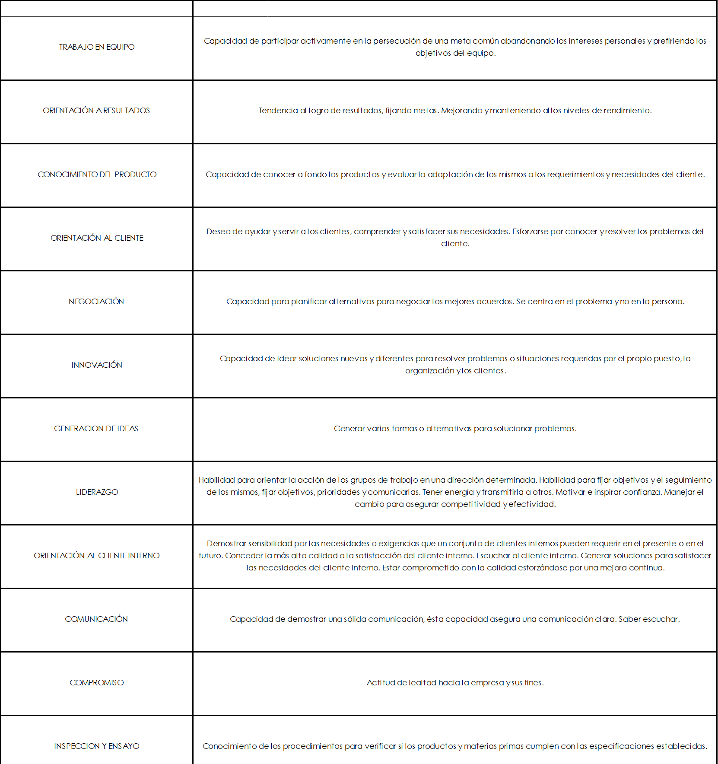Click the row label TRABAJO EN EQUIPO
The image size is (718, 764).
[x=97, y=47]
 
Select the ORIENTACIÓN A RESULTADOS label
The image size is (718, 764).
[x=96, y=111]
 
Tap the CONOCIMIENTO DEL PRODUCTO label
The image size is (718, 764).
[x=97, y=175]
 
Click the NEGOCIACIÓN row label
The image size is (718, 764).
[x=96, y=302]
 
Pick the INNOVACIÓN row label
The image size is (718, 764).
[x=97, y=365]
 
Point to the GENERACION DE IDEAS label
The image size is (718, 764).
[x=96, y=429]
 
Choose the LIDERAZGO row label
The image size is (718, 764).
[x=97, y=492]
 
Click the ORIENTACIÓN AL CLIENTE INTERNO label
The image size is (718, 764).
[x=97, y=556]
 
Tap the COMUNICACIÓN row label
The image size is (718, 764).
[x=96, y=619]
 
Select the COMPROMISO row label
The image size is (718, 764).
[x=97, y=683]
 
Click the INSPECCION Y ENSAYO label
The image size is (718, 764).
[x=97, y=746]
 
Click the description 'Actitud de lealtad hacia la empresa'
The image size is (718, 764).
[x=455, y=683]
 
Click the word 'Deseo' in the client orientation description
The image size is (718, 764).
[x=218, y=232]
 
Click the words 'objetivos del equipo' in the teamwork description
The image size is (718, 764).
[x=455, y=53]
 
